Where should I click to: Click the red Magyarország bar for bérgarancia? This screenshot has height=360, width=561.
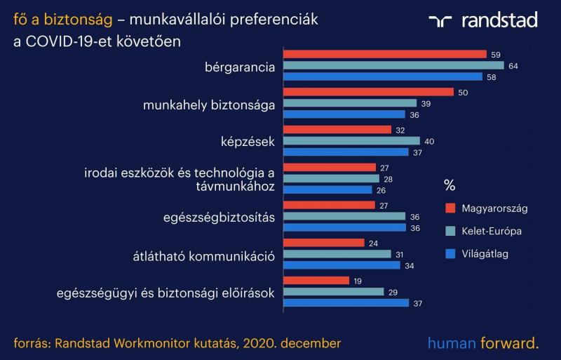click(x=385, y=55)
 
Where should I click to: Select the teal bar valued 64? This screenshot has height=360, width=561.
click(x=393, y=65)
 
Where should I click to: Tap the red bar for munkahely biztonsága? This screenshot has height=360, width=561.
click(x=369, y=92)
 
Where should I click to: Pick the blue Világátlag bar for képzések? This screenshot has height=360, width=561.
click(x=346, y=152)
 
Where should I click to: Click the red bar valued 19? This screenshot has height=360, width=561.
click(x=316, y=281)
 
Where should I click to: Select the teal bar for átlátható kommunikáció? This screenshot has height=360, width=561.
click(x=337, y=254)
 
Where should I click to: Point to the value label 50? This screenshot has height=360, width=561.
click(x=463, y=93)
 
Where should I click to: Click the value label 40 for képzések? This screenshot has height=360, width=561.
click(x=429, y=142)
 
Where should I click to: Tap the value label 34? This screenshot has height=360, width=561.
click(x=410, y=266)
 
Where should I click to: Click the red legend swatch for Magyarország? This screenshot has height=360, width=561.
click(x=450, y=208)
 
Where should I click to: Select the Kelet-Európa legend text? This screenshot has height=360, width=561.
click(x=492, y=232)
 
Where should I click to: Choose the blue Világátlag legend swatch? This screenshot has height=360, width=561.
click(x=450, y=254)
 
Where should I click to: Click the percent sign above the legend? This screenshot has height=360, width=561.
click(x=450, y=185)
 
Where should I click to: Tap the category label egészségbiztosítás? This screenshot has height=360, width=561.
click(x=219, y=218)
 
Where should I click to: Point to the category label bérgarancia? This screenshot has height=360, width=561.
click(x=240, y=67)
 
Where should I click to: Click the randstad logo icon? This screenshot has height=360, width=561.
click(x=440, y=21)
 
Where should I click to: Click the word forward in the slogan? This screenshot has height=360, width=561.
click(x=510, y=343)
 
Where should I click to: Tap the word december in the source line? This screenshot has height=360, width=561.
click(x=311, y=343)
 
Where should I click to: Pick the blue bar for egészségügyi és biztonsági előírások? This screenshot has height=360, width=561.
click(x=346, y=303)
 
